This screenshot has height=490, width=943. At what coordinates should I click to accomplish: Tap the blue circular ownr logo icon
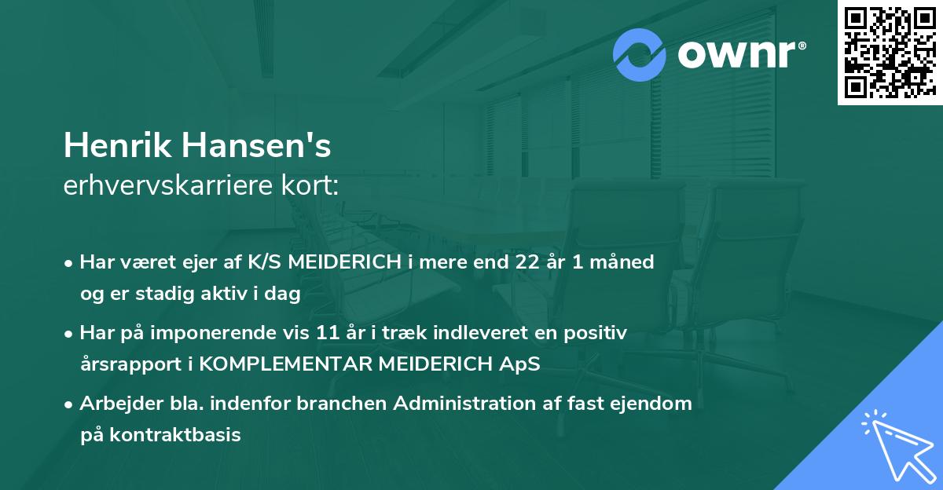(640, 55)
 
